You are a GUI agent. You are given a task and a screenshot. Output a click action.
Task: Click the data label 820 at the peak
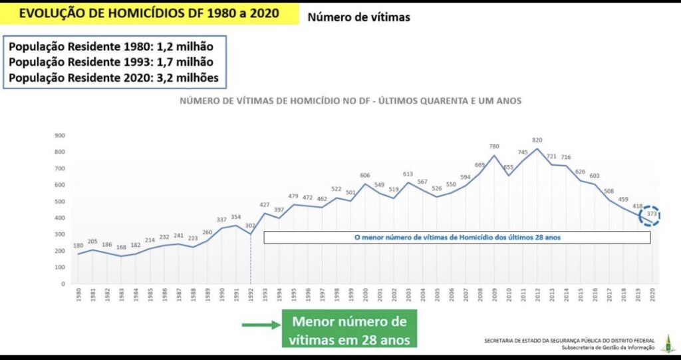tap(537, 140)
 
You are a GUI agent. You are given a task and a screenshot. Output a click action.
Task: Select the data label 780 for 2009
tap(494, 147)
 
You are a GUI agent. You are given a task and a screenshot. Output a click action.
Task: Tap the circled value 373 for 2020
tap(652, 215)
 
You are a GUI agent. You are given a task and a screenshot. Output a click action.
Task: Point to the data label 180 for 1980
tap(78, 246)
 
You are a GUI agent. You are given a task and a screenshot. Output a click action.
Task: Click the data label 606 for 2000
tap(365, 176)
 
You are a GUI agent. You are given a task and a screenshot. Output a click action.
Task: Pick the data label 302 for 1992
tap(250, 226)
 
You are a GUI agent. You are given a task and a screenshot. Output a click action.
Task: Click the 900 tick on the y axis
tap(60, 135)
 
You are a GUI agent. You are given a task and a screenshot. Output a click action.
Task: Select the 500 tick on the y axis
tap(60, 201)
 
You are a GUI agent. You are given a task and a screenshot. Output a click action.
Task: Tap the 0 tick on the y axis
tap(63, 283)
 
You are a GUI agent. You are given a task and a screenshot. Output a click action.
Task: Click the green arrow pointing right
tap(259, 325)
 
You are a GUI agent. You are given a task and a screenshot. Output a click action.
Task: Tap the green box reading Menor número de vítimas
tap(349, 331)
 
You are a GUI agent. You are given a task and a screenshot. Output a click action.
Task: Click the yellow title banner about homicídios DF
tap(149, 13)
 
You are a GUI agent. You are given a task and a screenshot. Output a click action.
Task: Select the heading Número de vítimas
tap(358, 17)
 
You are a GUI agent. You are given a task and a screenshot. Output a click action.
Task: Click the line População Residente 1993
tap(111, 63)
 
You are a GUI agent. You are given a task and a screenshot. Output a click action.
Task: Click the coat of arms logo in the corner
tap(666, 343)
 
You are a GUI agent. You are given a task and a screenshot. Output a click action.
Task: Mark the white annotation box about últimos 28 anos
tap(456, 237)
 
